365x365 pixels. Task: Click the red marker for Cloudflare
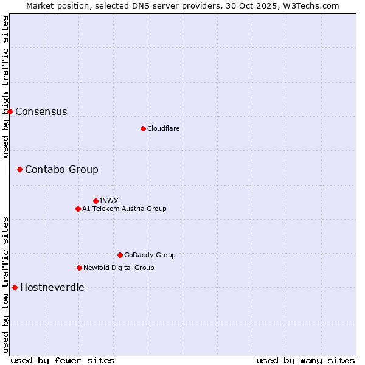[143, 128]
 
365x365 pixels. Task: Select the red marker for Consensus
[10, 111]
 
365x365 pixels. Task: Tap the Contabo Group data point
[19, 169]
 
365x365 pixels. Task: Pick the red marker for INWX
[96, 201]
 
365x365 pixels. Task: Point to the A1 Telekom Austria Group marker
[78, 209]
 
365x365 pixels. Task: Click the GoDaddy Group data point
[120, 255]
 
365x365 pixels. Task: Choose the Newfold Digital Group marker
[79, 268]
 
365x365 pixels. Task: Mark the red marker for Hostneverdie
[15, 287]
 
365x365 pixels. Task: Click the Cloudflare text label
[163, 128]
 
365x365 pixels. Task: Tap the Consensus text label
[41, 111]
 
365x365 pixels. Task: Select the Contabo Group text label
[61, 169]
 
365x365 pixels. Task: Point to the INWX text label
[109, 201]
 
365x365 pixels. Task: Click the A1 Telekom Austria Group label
[124, 209]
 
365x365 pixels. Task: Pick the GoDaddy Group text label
[150, 255]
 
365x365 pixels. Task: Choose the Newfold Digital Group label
[119, 268]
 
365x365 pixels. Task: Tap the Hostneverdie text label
[52, 287]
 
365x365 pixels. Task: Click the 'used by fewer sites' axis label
[63, 360]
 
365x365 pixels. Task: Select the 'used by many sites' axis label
[305, 360]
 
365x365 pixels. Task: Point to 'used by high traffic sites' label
[5, 86]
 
